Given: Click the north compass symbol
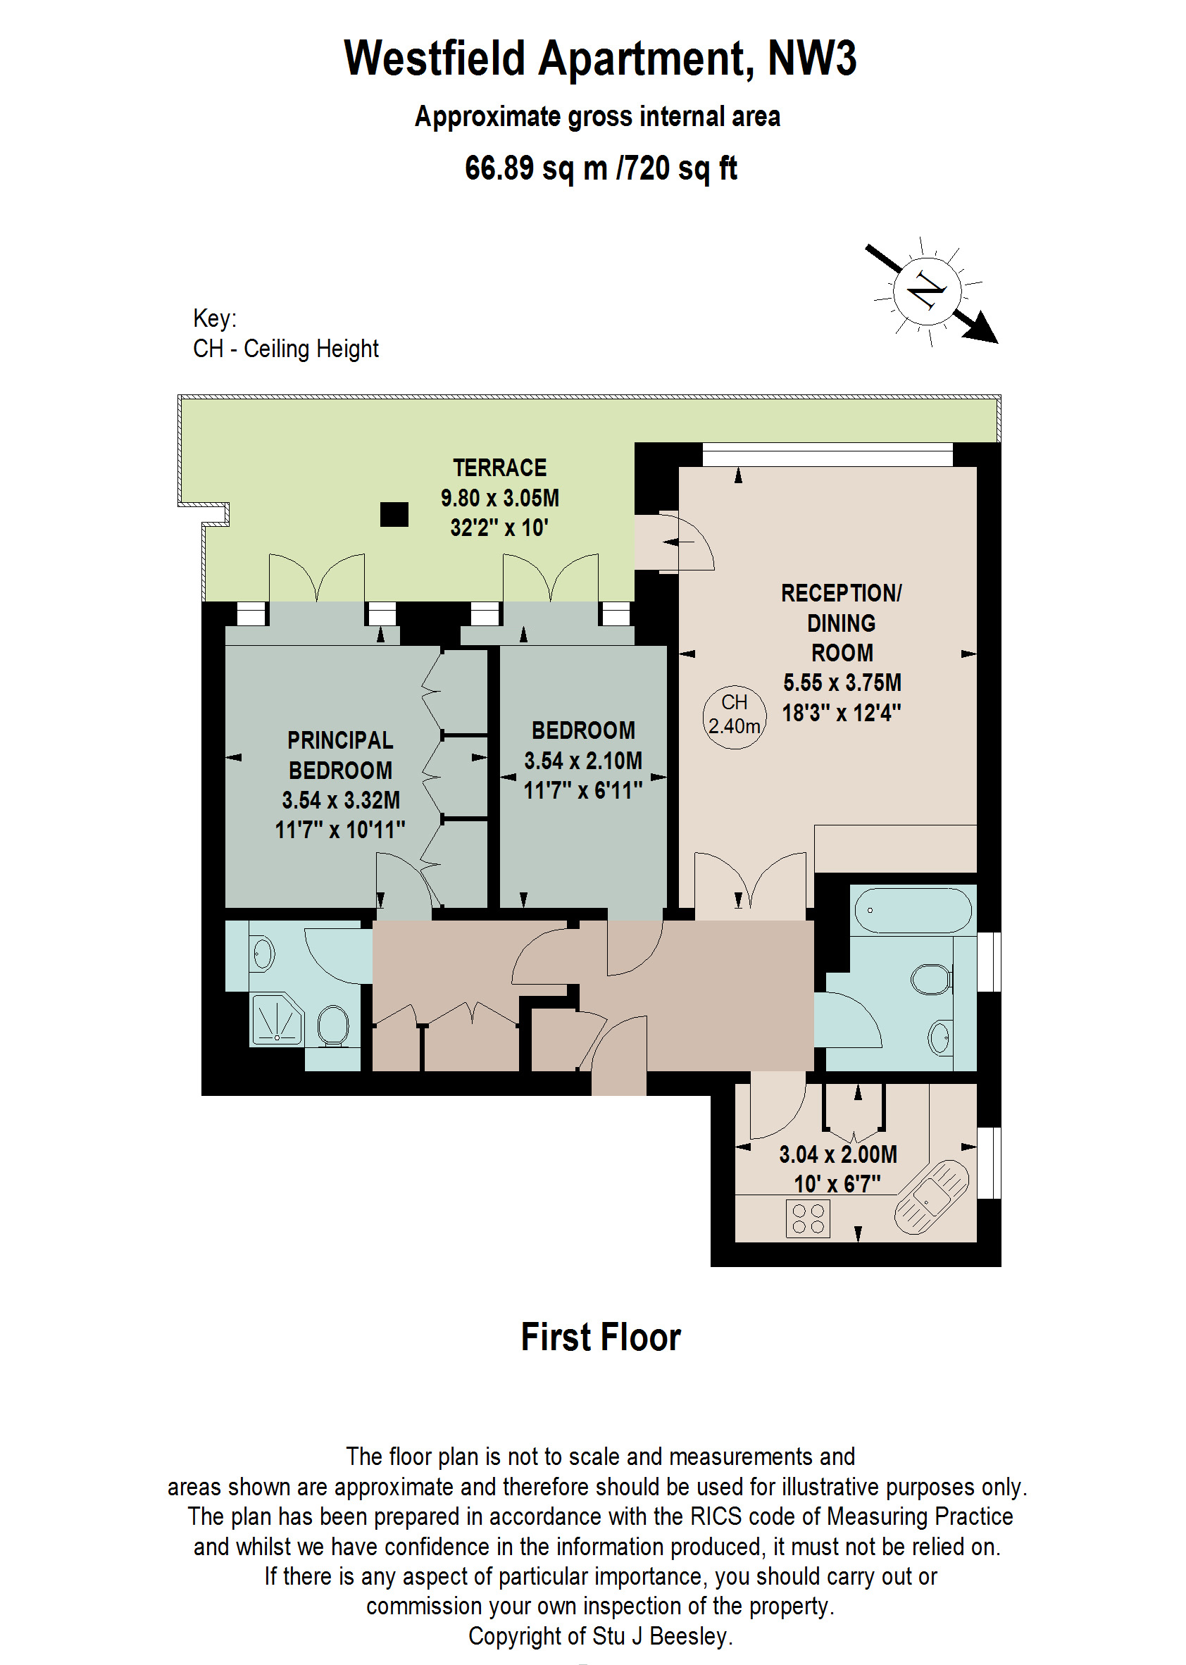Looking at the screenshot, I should click(928, 292).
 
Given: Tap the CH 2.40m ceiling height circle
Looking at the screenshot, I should click(734, 714).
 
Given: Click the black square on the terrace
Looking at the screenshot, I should click(394, 515).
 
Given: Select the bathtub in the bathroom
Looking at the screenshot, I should click(912, 911).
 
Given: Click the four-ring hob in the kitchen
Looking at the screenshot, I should click(808, 1218).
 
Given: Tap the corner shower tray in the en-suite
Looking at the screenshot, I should click(276, 1020).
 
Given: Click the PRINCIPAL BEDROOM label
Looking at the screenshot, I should click(340, 755).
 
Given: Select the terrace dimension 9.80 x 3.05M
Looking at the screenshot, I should click(499, 499).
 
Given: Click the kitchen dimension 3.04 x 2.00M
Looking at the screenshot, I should click(837, 1154).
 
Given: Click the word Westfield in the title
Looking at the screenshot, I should click(435, 58).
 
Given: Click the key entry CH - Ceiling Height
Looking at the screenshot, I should click(285, 349).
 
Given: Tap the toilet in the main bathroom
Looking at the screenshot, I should click(931, 979).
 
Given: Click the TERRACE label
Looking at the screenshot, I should click(499, 468).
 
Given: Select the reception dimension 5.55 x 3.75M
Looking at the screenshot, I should click(842, 682).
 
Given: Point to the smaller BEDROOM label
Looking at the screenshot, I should click(582, 730).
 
